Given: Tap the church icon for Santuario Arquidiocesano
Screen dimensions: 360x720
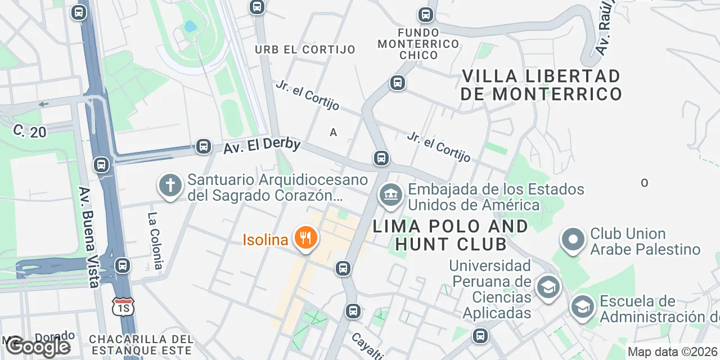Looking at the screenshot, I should click(170, 185).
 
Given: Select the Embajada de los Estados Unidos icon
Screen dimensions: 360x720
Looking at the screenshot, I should click(391, 196).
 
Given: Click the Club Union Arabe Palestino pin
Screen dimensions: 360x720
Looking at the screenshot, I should click(573, 240).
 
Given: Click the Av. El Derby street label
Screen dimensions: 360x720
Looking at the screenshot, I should click(262, 146).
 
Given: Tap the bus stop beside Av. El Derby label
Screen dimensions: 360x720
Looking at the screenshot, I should click(203, 147).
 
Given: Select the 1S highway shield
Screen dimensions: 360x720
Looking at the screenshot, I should click(123, 307).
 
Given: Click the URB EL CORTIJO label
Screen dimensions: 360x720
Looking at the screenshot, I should click(305, 49).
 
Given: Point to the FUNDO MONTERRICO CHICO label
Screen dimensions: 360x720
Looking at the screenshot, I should click(418, 43).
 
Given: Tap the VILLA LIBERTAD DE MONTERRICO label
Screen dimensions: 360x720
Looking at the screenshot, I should click(541, 84).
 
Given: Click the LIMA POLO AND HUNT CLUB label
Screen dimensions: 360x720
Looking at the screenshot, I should click(451, 235).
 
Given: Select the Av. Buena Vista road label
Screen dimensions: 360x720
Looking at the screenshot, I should click(89, 236).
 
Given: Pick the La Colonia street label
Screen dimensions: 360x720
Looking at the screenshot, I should click(155, 240).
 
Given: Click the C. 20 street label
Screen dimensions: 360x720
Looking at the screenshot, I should click(30, 131).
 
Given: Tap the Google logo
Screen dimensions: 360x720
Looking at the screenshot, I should click(38, 346).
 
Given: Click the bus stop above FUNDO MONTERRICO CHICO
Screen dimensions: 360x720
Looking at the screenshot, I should click(426, 15).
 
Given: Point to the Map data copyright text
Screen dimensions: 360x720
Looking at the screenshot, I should click(673, 352).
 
